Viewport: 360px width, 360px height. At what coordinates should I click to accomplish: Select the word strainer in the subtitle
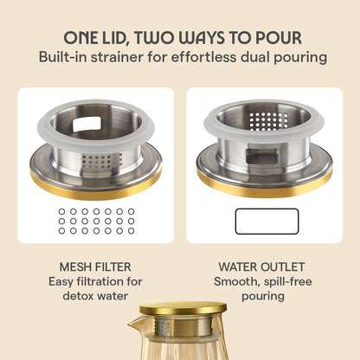point(117,57)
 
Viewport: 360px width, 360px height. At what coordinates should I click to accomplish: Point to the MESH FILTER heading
point(95,267)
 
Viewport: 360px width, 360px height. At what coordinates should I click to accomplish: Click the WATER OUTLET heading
point(261,267)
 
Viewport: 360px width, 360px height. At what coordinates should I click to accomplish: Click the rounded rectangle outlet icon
point(267,222)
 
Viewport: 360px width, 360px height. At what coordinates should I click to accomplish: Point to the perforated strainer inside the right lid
point(268,121)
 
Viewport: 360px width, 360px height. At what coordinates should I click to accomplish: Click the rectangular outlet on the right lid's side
point(261,155)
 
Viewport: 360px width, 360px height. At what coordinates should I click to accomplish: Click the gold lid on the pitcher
point(183,308)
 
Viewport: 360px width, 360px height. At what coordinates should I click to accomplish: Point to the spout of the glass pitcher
point(134,324)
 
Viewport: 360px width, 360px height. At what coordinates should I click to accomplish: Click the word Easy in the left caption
point(61,282)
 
